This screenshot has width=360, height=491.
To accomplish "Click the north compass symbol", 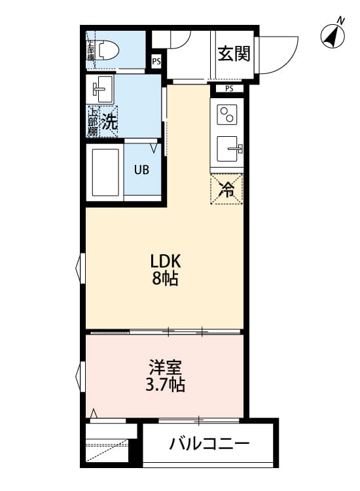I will [333, 35].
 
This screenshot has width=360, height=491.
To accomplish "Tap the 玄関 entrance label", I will [234, 54].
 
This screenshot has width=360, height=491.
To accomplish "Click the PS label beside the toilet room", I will [156, 62].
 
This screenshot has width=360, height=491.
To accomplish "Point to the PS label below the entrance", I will [229, 88].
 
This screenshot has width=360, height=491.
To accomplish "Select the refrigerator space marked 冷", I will [227, 191].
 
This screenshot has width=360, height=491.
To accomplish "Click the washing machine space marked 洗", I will [111, 121].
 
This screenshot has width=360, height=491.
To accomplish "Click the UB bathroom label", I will [141, 170].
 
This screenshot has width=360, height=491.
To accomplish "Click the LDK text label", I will [166, 261].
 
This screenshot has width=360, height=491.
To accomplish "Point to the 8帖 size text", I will [166, 279].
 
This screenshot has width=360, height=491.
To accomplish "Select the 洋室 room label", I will [164, 367].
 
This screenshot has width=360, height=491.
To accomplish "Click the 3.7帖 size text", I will [164, 385].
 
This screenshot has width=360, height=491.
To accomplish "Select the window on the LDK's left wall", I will [81, 268].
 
